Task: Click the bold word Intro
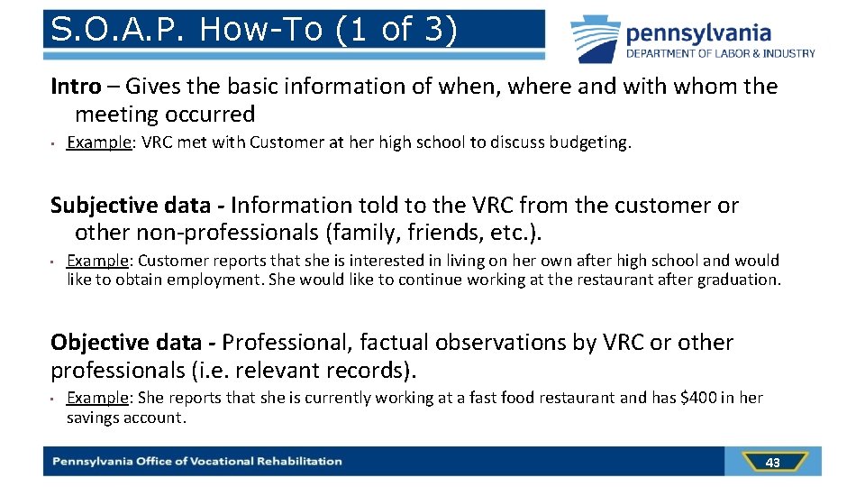click(76, 87)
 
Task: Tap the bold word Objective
click(99, 343)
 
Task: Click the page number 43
click(772, 463)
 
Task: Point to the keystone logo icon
click(595, 39)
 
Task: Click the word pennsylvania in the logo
click(698, 34)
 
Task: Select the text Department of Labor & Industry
click(721, 54)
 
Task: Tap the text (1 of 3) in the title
click(397, 30)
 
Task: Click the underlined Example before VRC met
click(99, 142)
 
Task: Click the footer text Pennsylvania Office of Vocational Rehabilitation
click(197, 462)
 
